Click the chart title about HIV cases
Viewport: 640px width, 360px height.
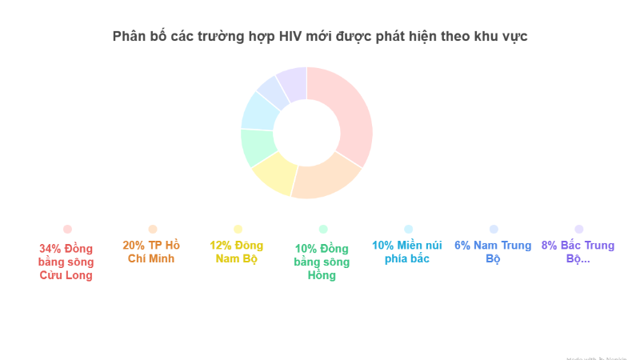coord(320,37)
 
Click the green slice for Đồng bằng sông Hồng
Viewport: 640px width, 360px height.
coord(258,146)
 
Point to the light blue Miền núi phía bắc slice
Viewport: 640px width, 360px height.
coord(259,111)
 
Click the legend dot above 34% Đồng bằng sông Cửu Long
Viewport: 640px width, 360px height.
coord(67,229)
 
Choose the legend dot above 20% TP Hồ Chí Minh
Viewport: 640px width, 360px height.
coord(153,229)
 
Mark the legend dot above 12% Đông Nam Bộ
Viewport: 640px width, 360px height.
coord(238,229)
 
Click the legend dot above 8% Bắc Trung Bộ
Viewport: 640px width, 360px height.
coord(579,229)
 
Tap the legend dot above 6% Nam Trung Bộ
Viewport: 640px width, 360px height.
coord(494,229)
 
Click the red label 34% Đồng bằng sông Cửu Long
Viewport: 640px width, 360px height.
coord(67,261)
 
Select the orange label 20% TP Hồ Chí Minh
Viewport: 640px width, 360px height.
coord(153,252)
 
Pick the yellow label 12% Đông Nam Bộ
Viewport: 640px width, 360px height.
coord(237,252)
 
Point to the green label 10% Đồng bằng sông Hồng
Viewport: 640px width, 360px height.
coord(322,261)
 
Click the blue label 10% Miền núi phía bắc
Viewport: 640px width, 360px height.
coord(408,252)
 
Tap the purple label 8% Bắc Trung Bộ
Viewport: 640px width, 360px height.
coord(578,252)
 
